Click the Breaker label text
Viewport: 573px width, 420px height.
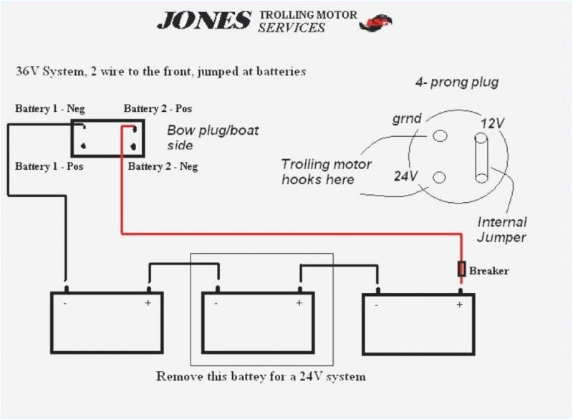point(489,270)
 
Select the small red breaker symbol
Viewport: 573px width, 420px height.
point(461,269)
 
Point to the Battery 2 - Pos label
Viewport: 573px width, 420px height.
point(158,109)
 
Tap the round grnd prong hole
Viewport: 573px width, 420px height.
point(440,135)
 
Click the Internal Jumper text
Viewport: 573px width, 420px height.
point(501,230)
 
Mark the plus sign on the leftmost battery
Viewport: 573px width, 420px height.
point(148,303)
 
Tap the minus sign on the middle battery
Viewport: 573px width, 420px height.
point(216,303)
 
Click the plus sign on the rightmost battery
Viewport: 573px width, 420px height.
point(459,305)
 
